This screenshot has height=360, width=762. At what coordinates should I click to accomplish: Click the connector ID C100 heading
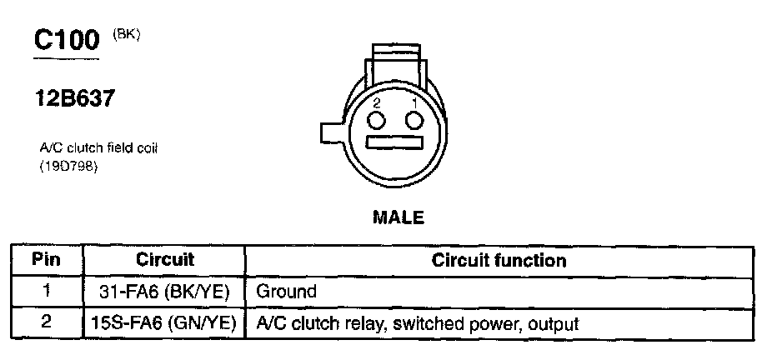coord(66,42)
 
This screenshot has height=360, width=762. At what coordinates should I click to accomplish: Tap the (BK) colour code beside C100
coord(126,34)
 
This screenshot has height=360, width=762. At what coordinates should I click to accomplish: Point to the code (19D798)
coord(68,167)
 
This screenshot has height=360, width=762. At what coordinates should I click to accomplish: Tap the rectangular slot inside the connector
coord(397,144)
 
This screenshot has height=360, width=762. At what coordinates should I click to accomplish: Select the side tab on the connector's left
coord(333,132)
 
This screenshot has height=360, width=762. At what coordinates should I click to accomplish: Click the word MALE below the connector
coord(398,218)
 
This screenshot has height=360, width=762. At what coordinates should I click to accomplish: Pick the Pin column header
coord(47,260)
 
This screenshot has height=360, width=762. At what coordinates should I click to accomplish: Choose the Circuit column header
coord(165,260)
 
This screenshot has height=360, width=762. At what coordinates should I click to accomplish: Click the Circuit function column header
coord(499,260)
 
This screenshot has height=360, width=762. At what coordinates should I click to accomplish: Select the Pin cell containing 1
coord(47,292)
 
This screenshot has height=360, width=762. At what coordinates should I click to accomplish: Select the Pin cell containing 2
coord(47,322)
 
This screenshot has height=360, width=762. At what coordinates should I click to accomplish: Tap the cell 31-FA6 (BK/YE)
coord(165,292)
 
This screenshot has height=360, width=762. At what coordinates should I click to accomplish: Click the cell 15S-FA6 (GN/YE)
coord(165,322)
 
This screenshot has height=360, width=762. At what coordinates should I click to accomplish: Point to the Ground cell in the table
coord(287,292)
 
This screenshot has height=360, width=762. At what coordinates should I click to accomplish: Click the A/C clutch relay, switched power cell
coord(417,322)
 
